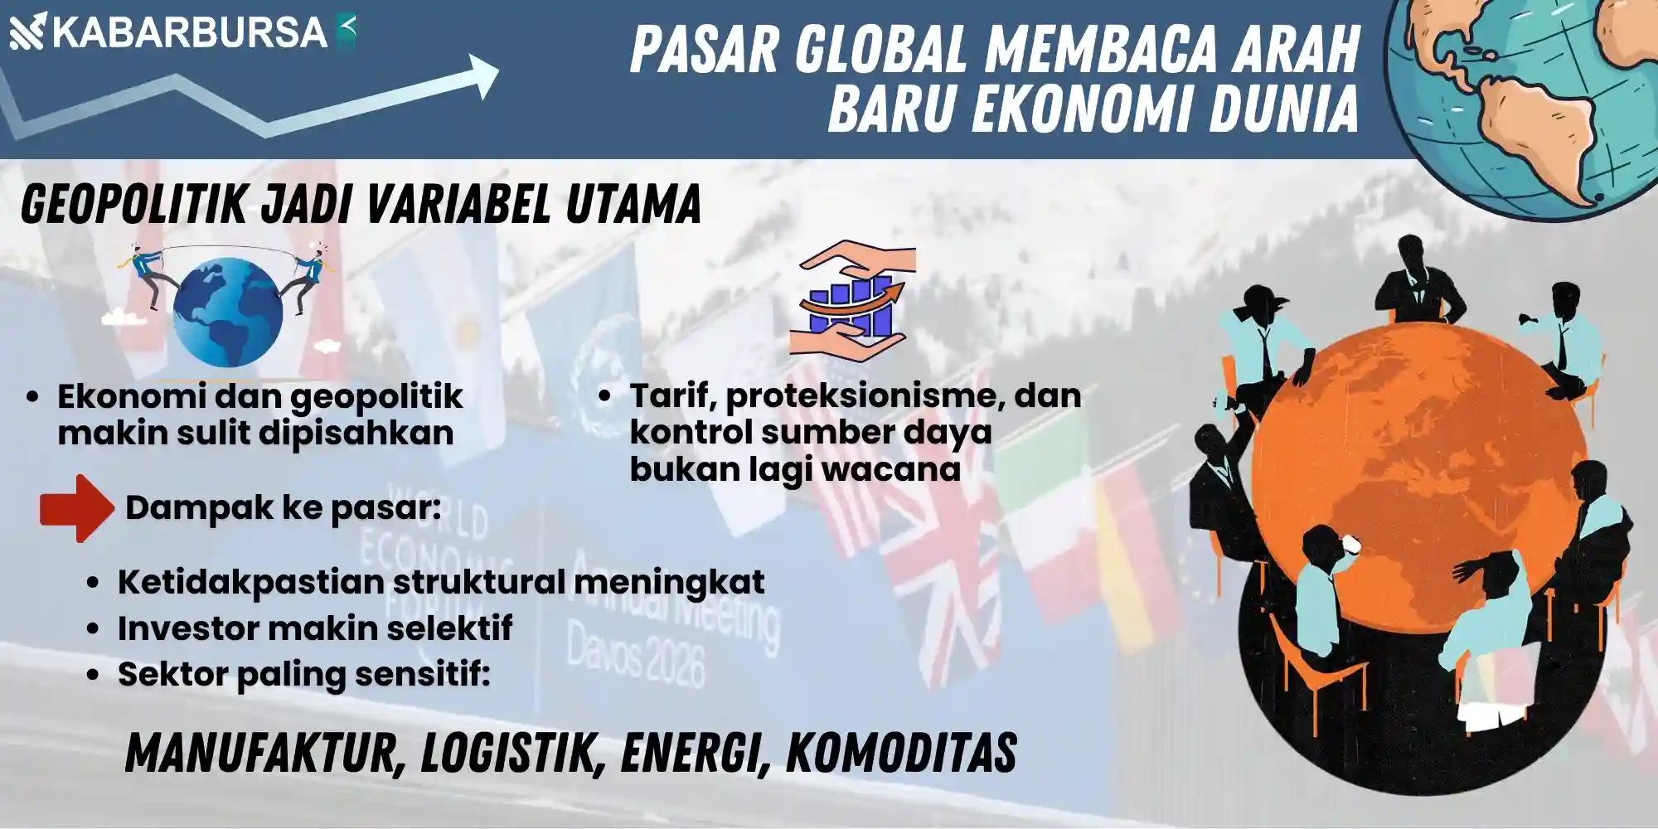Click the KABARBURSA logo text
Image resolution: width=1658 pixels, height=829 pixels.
click(190, 32)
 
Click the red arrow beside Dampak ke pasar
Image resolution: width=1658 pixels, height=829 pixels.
click(77, 508)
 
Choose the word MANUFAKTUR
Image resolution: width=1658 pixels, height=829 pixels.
click(264, 754)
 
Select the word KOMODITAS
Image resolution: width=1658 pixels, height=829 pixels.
click(900, 754)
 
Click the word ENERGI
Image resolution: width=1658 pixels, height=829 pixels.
click(692, 754)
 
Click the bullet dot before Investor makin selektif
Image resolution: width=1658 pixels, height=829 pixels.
click(94, 628)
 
